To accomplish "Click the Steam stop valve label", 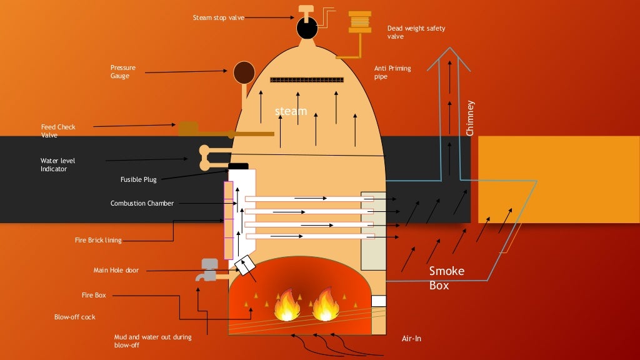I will [218, 17].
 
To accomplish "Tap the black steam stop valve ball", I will [306, 27].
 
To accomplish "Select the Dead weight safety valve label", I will [416, 32].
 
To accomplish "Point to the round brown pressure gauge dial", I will [243, 72].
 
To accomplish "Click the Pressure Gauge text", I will [123, 72].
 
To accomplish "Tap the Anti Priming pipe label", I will [392, 72].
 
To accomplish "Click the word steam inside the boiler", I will [291, 111].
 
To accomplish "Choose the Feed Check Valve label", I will [58, 131].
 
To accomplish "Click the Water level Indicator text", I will [57, 165].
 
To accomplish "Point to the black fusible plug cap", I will [238, 166].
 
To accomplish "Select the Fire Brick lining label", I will [98, 240].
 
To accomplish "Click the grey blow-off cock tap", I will [209, 269].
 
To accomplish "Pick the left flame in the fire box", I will [287, 304].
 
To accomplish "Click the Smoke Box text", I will [446, 277].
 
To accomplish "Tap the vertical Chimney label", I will [471, 118].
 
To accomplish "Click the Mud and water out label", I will [152, 341].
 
